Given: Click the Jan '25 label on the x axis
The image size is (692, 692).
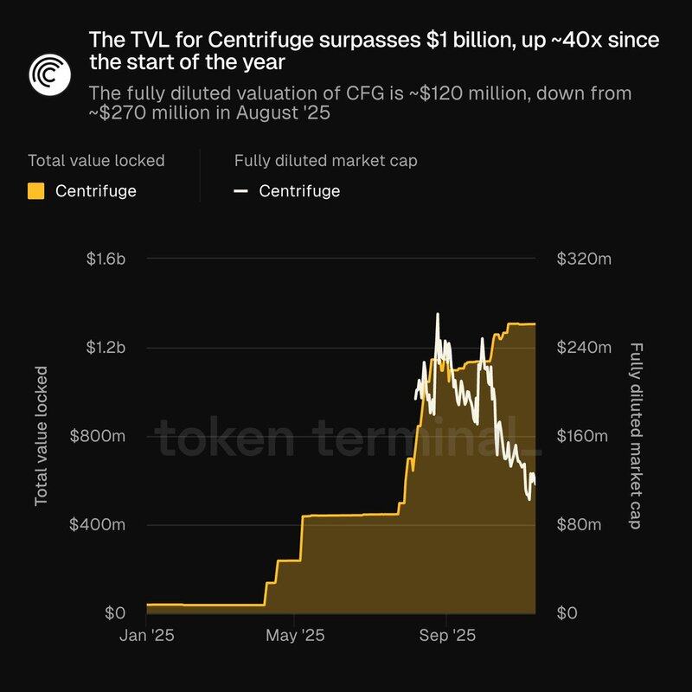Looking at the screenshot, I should coord(146,636).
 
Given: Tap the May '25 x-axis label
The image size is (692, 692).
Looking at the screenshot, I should coord(295,636).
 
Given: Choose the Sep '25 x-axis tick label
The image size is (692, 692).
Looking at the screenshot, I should coord(445,636).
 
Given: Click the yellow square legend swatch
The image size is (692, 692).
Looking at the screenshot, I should coord(36,191).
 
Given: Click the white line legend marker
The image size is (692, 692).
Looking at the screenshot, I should coord(241,191).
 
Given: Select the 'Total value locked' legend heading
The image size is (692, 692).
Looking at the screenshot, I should coord(96,160).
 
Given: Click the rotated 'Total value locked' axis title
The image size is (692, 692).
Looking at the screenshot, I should coord(42,436).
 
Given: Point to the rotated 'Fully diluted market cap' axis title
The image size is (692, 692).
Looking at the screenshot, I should coord(637,436).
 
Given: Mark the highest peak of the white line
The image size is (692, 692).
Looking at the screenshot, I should coord(438,314).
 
